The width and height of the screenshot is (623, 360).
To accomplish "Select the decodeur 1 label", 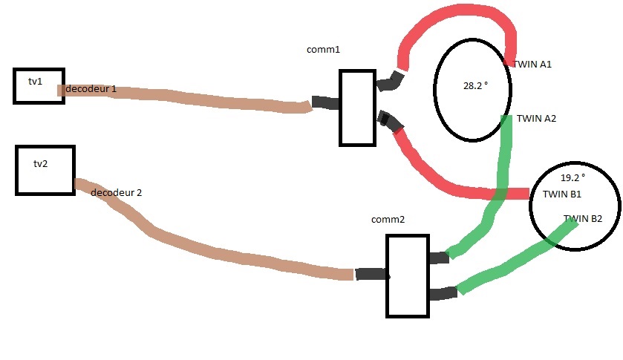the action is tap(91, 89).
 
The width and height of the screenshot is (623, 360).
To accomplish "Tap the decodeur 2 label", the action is tap(116, 193).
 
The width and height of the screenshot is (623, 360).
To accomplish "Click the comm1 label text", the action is tap(324, 50).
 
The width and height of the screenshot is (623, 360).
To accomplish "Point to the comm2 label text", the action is tap(388, 219).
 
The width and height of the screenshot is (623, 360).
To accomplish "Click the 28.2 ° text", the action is tap(475, 86).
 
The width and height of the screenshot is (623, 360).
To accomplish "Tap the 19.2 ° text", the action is tap(573, 177).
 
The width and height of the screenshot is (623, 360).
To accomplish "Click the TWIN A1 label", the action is tap(532, 65).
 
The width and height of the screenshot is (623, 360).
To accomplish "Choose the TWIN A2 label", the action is tap(536, 119).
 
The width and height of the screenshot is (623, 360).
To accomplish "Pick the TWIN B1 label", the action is tap(562, 194).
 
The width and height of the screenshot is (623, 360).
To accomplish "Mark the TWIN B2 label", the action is tap(583, 218).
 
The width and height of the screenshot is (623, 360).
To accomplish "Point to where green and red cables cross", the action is tap(499, 194).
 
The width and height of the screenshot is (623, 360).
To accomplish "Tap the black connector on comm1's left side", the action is tap(325, 102).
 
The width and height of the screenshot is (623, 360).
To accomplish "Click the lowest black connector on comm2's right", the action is tap(443, 294).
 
